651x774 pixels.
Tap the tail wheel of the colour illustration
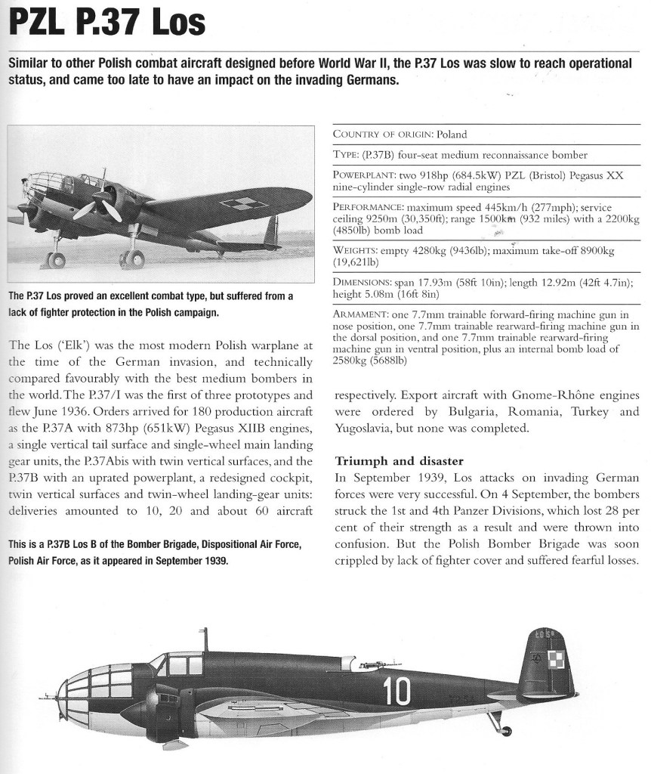(505, 730)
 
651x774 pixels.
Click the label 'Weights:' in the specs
(355, 249)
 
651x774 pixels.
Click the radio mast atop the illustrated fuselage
(205, 639)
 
